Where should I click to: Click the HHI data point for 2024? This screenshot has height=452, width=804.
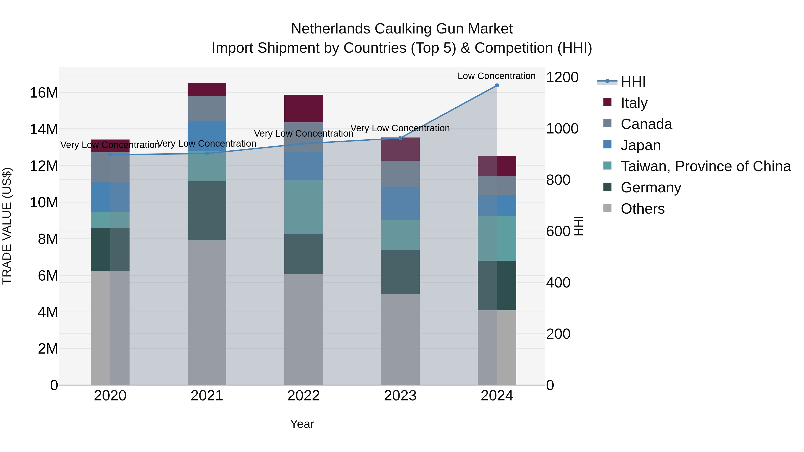[x=497, y=85]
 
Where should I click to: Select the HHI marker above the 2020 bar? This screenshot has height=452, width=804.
[x=110, y=155]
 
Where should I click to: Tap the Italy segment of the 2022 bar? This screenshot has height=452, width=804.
[x=303, y=108]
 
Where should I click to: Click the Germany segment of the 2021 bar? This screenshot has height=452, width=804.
[x=207, y=210]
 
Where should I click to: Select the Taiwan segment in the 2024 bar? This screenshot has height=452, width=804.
[x=497, y=238]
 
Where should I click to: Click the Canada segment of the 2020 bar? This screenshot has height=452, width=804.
[x=110, y=167]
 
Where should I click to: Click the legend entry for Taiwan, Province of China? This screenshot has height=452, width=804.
[x=705, y=166]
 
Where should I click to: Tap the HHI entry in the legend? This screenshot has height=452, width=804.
[x=633, y=82]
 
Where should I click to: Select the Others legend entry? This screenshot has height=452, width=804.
[x=642, y=209]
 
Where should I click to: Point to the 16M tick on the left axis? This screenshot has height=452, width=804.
[x=44, y=93]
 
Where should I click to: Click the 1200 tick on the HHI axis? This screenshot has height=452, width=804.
[x=562, y=77]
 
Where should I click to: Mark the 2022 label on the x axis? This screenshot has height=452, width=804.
[x=303, y=396]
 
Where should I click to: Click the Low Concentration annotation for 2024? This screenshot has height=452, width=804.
[x=496, y=76]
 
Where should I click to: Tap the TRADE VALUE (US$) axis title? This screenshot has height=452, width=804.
[x=7, y=226]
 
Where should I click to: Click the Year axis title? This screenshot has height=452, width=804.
[x=302, y=424]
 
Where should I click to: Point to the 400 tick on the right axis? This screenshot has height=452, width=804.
[x=558, y=283]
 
